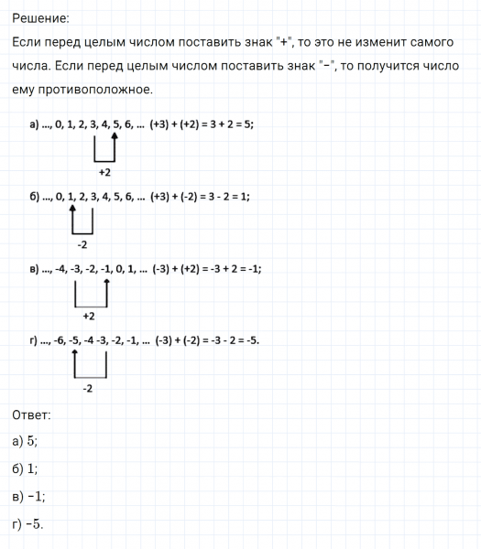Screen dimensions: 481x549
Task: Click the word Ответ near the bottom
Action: [x=32, y=414]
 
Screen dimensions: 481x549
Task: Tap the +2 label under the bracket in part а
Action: [x=104, y=172]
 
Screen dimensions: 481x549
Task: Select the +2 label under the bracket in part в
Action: [x=89, y=317]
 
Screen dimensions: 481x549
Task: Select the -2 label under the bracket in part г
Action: [x=88, y=388]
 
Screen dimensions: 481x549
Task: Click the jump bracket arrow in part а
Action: [x=104, y=148]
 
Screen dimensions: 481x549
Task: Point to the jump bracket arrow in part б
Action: [x=82, y=221]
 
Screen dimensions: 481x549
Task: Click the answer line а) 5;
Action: [x=26, y=441]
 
